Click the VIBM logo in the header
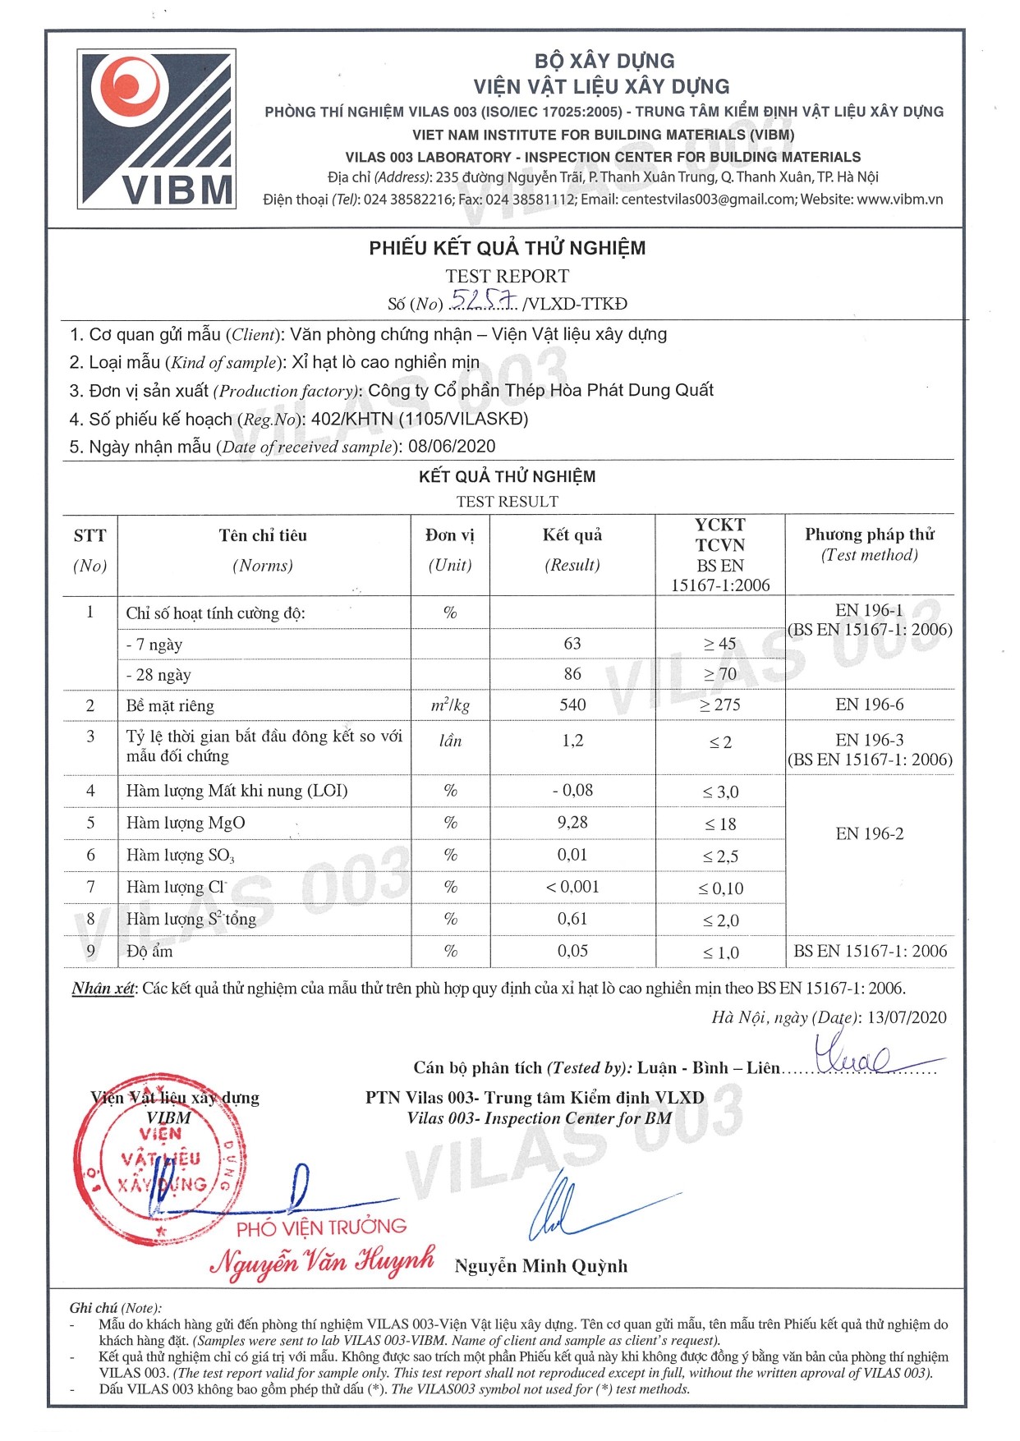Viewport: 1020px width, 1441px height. (157, 128)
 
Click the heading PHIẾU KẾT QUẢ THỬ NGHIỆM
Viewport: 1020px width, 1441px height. (507, 248)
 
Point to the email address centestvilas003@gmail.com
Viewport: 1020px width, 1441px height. (708, 200)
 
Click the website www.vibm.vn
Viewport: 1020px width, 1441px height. (899, 200)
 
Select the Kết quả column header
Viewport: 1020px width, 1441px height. (572, 535)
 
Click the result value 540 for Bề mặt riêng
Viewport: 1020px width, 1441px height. (572, 704)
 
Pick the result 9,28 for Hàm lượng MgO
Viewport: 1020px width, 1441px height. (572, 823)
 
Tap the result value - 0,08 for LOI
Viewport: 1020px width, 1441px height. (572, 791)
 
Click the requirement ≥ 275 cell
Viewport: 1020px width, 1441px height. (720, 705)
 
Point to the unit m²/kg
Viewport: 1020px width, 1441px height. (450, 705)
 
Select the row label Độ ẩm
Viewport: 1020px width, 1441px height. (149, 952)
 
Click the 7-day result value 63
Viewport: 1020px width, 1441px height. (572, 644)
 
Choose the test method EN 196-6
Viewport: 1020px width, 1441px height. (870, 704)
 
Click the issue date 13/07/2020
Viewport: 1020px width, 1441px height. (906, 1017)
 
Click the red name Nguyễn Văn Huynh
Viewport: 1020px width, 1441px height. (323, 1261)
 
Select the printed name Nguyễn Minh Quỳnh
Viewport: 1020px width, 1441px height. (540, 1266)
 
